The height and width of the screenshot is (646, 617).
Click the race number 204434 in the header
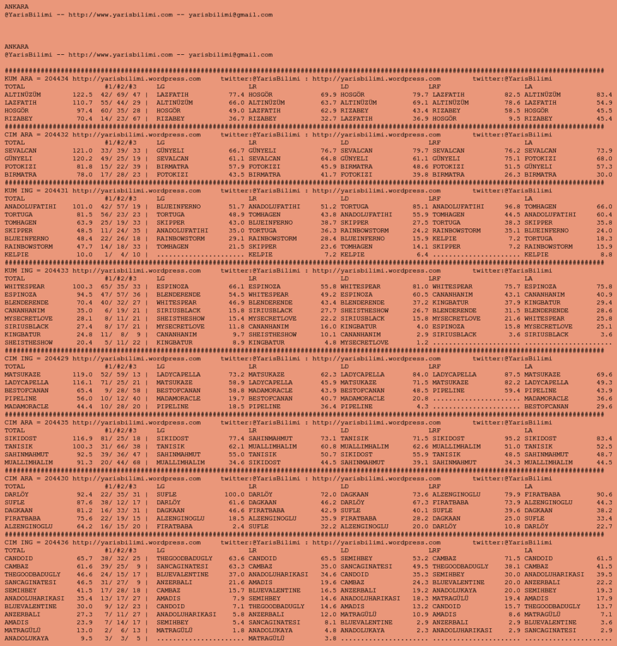(x=57, y=79)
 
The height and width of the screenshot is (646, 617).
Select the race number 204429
(x=57, y=359)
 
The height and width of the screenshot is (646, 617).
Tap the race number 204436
(x=57, y=543)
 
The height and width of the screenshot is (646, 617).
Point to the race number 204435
(x=57, y=423)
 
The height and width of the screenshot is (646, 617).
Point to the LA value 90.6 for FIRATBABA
(x=604, y=495)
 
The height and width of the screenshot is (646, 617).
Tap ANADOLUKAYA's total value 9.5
(x=85, y=638)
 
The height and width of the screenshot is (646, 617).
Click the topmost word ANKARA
(x=16, y=6)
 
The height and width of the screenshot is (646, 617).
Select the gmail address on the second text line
(x=230, y=15)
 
